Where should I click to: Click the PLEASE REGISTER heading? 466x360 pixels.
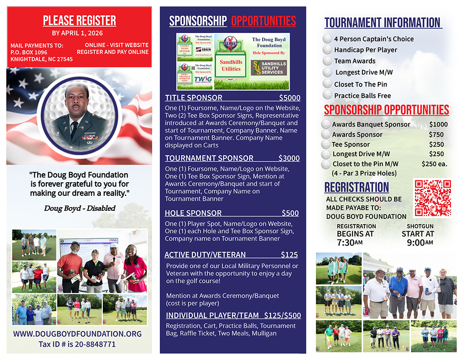click(79, 20)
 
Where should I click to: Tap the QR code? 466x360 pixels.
click(432, 198)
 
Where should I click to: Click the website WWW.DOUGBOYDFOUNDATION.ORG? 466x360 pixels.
click(77, 334)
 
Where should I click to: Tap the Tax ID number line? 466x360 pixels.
click(77, 344)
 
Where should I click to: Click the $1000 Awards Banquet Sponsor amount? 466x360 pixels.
click(438, 124)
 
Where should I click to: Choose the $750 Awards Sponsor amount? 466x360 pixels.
click(436, 135)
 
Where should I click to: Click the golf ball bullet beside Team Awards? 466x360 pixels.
click(327, 61)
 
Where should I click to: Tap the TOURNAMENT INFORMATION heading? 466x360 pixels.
click(382, 22)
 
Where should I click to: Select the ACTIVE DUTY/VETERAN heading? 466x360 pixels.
click(205, 255)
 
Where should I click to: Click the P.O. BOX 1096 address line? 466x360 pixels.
click(29, 52)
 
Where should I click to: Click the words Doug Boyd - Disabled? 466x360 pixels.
click(79, 208)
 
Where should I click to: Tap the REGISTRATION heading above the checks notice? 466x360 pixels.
click(357, 187)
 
